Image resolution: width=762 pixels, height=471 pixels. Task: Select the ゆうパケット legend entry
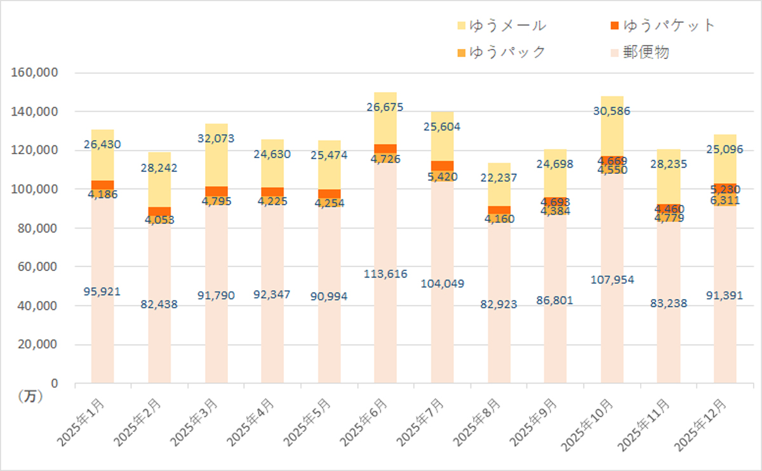point(662,25)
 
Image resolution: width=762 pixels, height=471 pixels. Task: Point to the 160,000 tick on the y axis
point(35,73)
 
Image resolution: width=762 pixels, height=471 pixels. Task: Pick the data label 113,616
point(385,274)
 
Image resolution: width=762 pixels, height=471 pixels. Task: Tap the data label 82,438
point(159,304)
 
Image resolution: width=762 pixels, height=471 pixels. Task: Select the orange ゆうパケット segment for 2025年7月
point(442,166)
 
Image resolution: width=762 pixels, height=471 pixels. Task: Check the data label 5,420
point(442,177)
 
